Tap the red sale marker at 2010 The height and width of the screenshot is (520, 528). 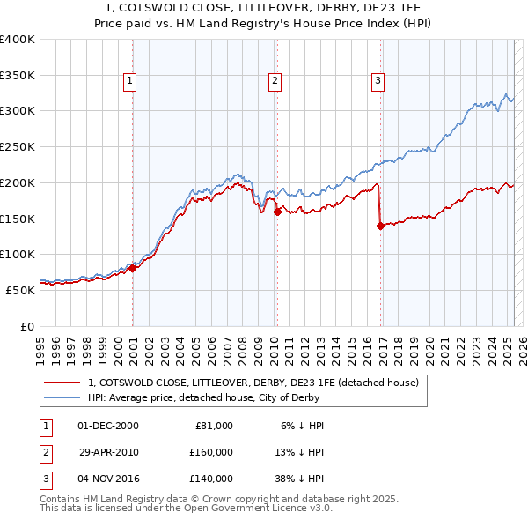(277, 211)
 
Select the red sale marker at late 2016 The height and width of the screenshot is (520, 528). (380, 226)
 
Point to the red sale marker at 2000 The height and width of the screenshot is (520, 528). (132, 268)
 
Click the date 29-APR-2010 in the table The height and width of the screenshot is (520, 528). (108, 452)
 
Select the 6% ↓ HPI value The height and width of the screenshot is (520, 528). (303, 425)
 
